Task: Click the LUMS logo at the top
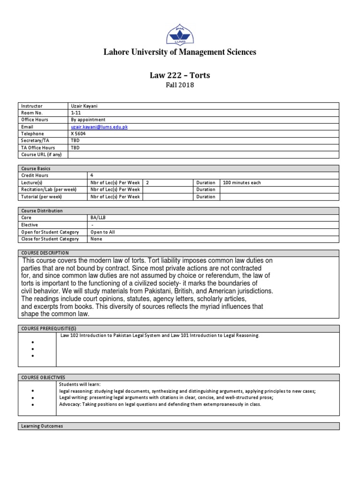tap(180, 34)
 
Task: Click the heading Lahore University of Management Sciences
tap(180, 52)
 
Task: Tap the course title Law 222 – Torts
tap(180, 75)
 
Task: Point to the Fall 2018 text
tap(180, 85)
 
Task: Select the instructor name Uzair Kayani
tap(84, 106)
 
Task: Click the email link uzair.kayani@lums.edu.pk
tap(99, 127)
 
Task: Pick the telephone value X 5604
tap(78, 134)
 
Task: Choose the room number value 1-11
tap(75, 113)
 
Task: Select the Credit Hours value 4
tap(91, 175)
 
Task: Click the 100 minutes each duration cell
tap(242, 182)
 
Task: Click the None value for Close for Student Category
tap(96, 239)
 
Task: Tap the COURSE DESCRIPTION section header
tap(45, 253)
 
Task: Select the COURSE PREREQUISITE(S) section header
tap(49, 329)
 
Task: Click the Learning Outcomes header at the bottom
tap(42, 426)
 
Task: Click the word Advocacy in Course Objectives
tap(70, 404)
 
